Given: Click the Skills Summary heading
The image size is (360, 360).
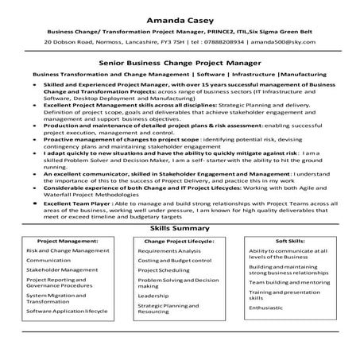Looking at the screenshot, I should click(x=180, y=228).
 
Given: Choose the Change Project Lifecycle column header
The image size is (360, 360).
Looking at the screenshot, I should click(x=179, y=239).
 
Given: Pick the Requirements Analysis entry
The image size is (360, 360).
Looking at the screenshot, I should click(x=169, y=250).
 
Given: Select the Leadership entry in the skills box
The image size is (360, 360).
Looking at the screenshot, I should click(x=153, y=294).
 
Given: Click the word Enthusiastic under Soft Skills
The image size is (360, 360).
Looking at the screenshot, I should click(x=271, y=305).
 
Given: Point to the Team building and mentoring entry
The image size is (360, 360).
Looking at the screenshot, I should click(x=289, y=281).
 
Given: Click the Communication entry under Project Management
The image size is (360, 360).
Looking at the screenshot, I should click(x=48, y=260).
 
